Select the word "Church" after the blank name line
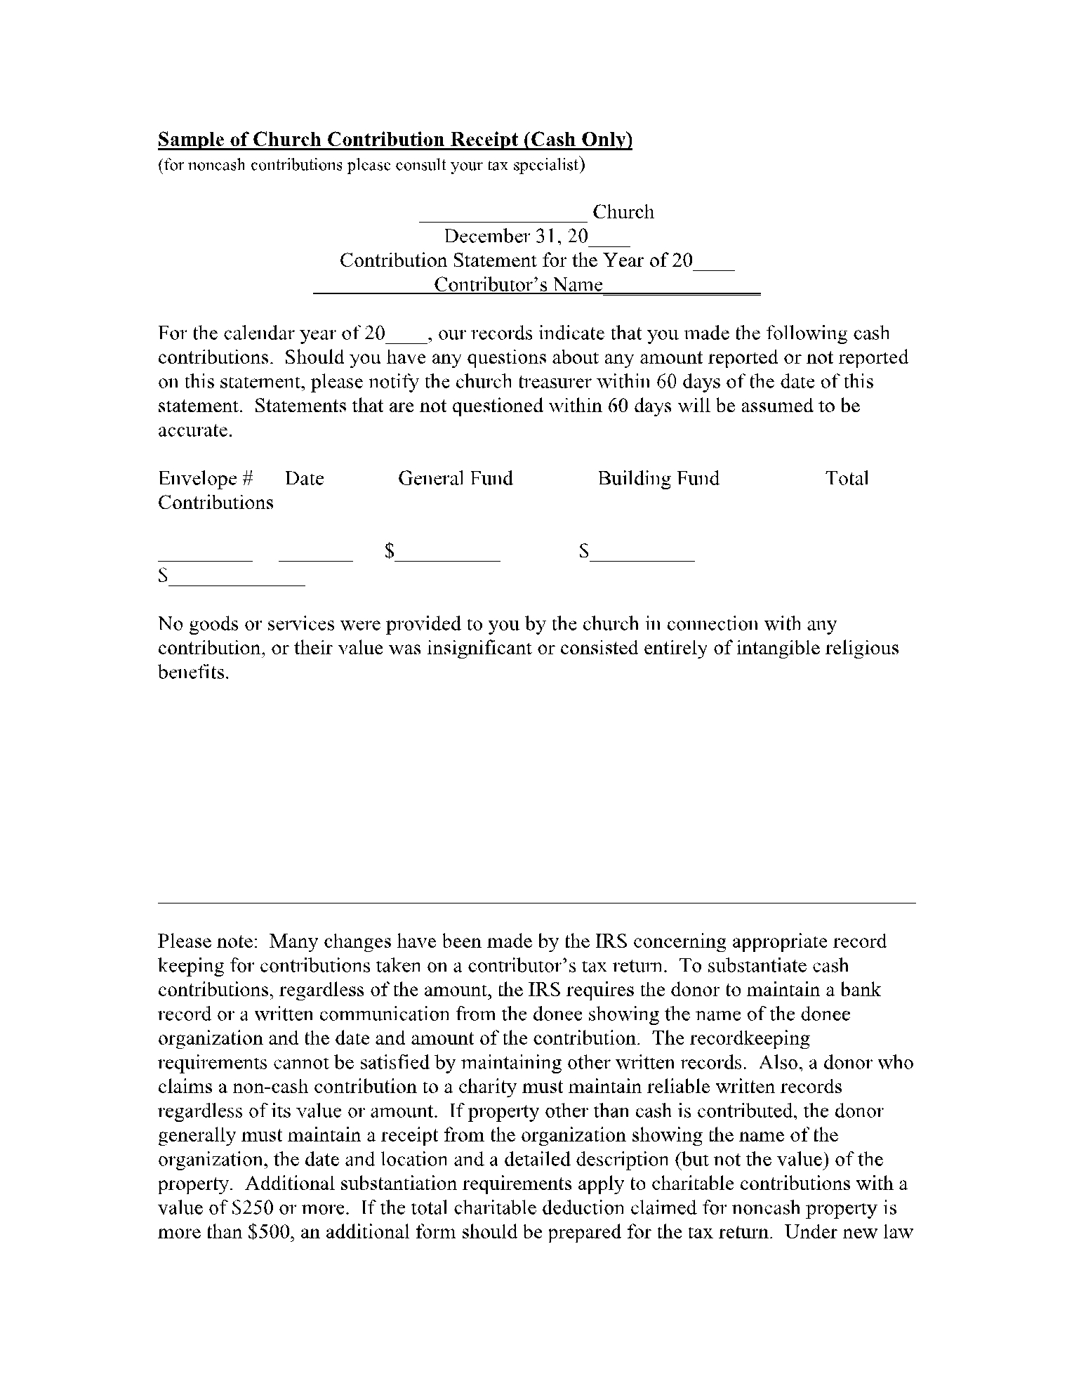(x=623, y=212)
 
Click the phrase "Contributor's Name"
(x=518, y=285)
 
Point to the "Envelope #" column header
(x=205, y=479)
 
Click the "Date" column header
(x=305, y=479)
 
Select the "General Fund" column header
(x=456, y=479)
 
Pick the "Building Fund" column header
(x=658, y=479)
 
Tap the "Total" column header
(x=847, y=479)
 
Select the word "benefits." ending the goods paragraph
(x=194, y=673)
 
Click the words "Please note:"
(x=208, y=941)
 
